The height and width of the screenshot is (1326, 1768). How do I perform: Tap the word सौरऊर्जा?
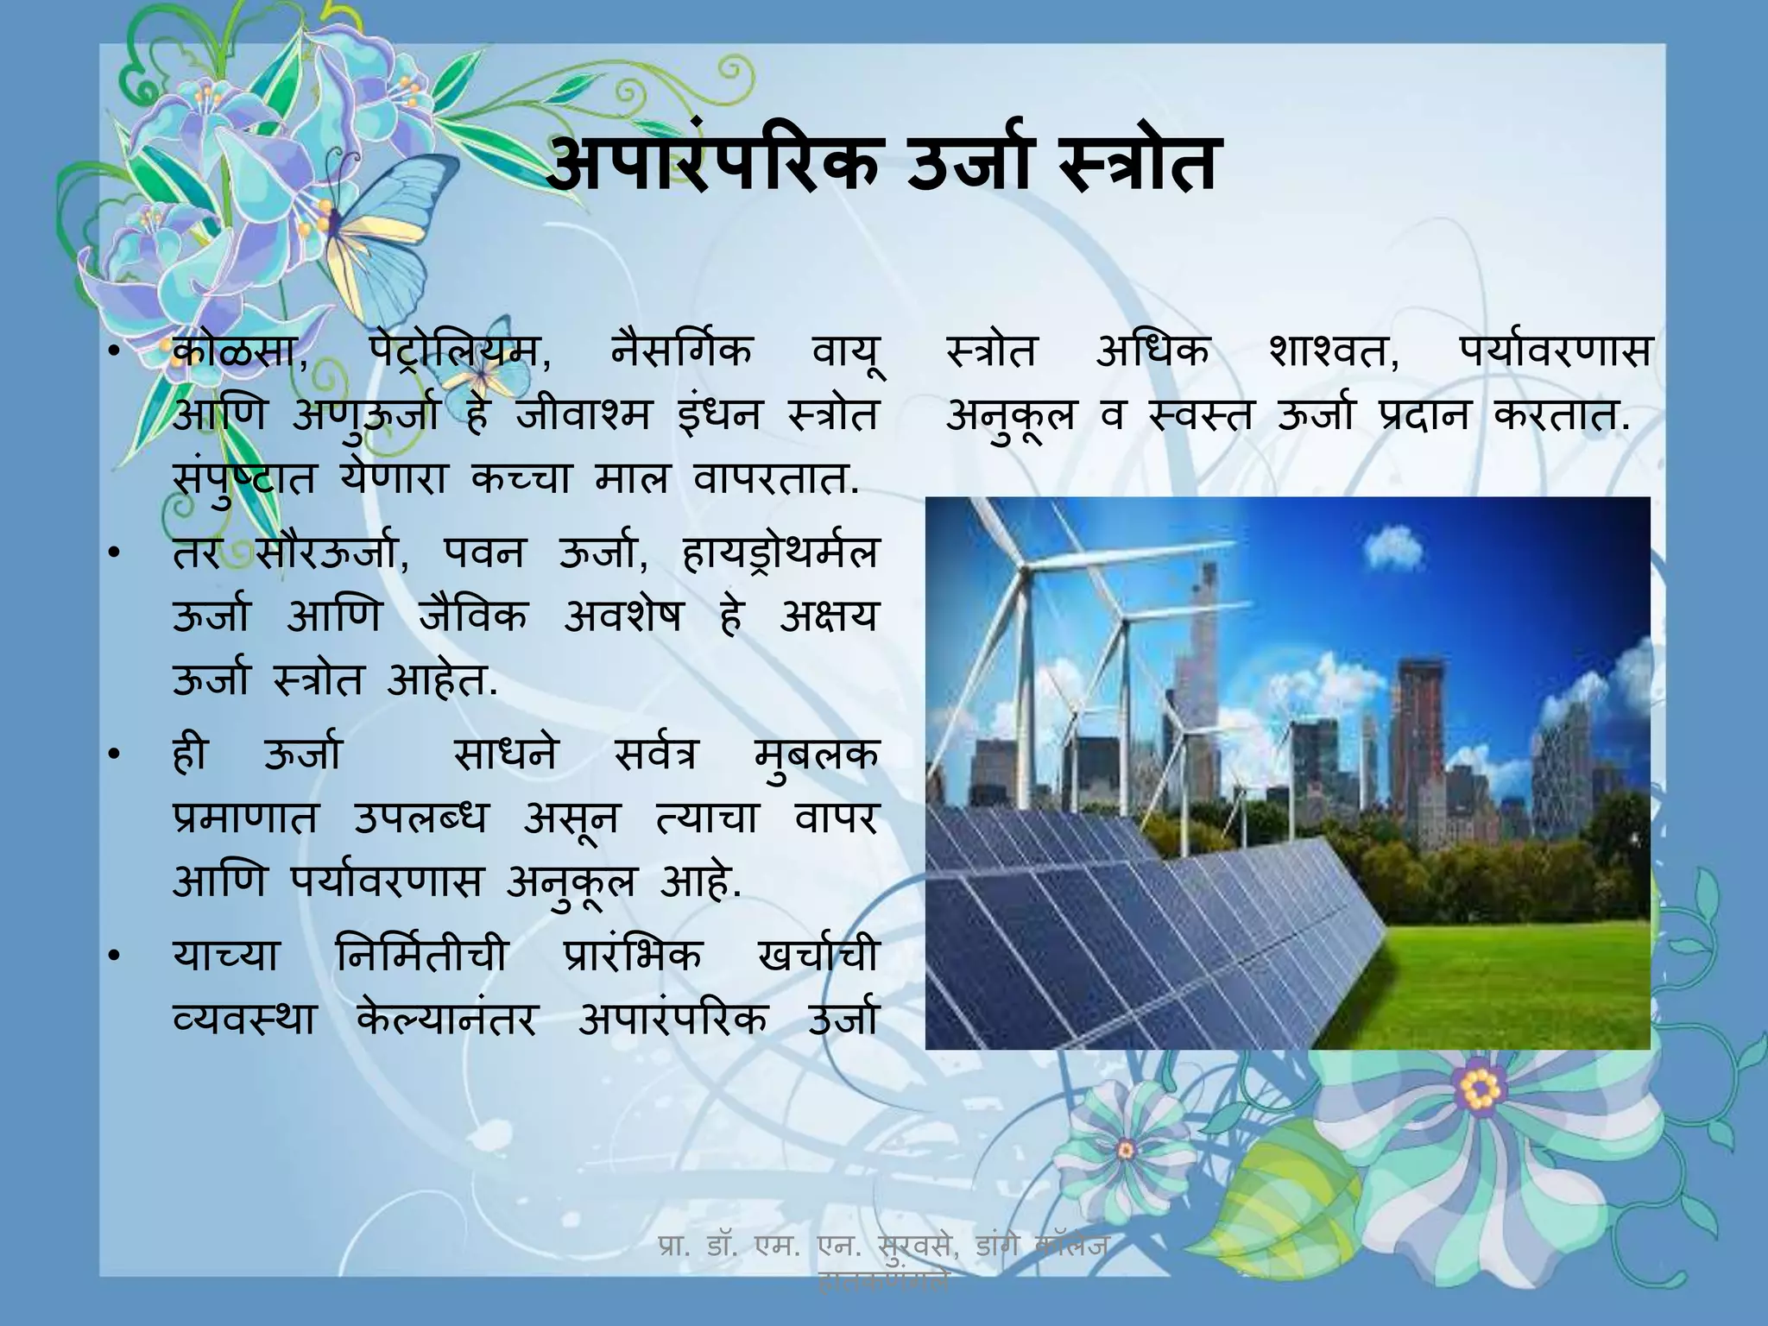(332, 553)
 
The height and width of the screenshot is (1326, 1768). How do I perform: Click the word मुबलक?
(815, 755)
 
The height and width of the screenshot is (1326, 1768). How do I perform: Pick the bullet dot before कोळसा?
(113, 354)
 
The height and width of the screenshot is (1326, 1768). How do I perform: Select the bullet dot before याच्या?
(113, 957)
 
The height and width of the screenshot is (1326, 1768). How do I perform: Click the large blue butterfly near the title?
(380, 216)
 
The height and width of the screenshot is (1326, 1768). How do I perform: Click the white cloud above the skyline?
(1392, 543)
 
